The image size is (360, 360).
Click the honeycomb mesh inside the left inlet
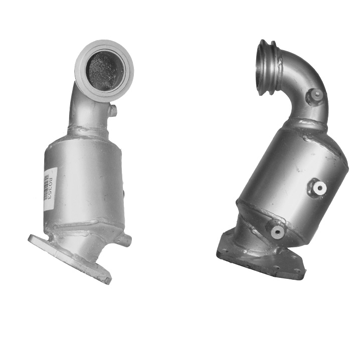pos(104,71)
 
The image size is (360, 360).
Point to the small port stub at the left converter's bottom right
pos(125,240)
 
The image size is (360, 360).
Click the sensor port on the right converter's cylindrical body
pos(318,188)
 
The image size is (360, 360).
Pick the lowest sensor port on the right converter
pos(277,231)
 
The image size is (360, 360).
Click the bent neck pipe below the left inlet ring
pos(88,110)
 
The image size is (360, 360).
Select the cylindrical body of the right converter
pos(291,175)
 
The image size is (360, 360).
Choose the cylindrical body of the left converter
pos(83,181)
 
